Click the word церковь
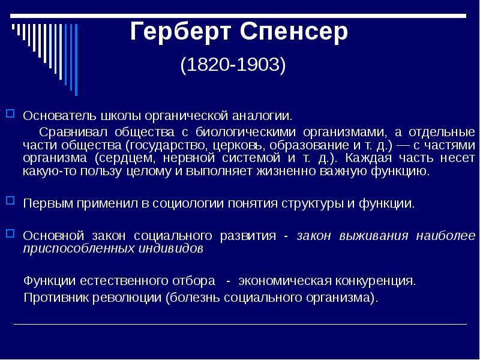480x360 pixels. pyautogui.click(x=232, y=145)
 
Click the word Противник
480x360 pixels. pyautogui.click(x=53, y=298)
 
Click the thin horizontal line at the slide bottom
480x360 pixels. pyautogui.click(x=240, y=325)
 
